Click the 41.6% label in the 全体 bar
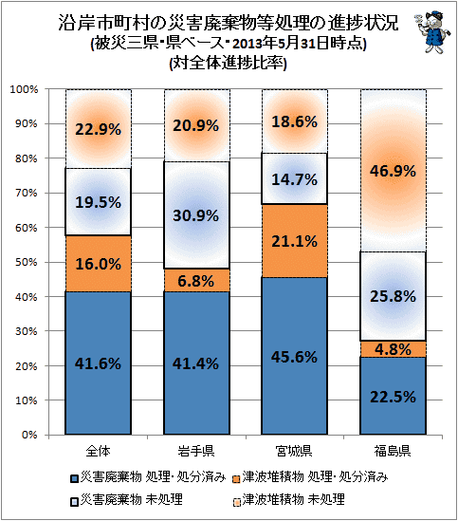point(98,363)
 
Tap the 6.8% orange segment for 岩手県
point(196,281)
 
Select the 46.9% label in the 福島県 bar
point(393,171)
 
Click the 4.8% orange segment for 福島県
point(393,349)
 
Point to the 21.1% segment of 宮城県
point(295,241)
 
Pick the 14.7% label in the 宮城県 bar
point(295,179)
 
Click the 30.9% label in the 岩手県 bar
point(196,215)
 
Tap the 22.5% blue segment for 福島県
point(393,396)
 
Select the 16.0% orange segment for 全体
point(98,264)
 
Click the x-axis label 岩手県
point(196,451)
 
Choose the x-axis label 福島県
point(393,451)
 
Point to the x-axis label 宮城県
point(294,451)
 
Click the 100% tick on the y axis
point(25,89)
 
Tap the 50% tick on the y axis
point(27,262)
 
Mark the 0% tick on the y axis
point(28,435)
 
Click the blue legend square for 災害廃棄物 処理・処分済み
point(75,479)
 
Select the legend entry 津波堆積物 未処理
point(289,499)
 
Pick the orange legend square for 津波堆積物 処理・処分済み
point(236,479)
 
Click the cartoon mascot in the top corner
point(432,31)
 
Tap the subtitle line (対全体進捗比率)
point(228,63)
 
